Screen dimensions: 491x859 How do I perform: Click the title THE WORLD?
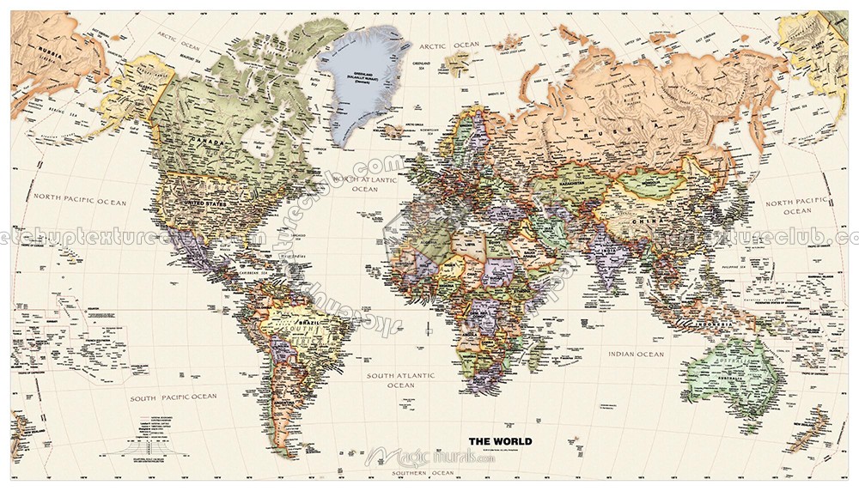[500, 442]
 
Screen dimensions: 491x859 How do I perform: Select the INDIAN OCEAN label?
[637, 354]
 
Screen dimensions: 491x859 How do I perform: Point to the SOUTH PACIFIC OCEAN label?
[174, 397]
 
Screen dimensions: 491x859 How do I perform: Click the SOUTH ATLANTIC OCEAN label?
[401, 380]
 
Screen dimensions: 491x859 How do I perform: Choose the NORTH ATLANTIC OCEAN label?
[366, 185]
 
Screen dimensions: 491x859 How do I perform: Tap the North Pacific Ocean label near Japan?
[789, 207]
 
